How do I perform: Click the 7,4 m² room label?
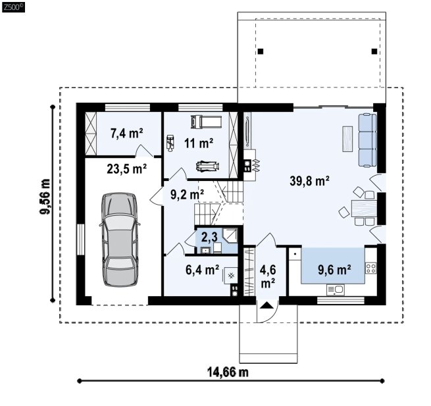click(x=127, y=134)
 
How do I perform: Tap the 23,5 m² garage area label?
click(x=127, y=168)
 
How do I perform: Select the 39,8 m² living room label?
click(x=310, y=181)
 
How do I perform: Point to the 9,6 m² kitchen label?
click(x=334, y=270)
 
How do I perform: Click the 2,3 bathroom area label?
click(x=209, y=237)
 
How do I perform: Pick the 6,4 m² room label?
click(x=203, y=270)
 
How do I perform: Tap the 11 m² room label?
click(x=199, y=143)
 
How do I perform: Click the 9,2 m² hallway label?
click(x=187, y=195)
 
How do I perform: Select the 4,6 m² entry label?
click(x=268, y=276)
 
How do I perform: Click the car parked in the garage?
click(x=120, y=239)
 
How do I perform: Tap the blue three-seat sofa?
click(x=367, y=140)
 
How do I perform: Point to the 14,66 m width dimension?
click(x=228, y=372)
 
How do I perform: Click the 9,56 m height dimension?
click(x=45, y=196)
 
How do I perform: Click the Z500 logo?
click(x=13, y=7)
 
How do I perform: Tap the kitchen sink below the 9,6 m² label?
click(x=336, y=290)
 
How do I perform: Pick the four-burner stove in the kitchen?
click(x=370, y=268)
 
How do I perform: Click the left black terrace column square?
click(x=261, y=51)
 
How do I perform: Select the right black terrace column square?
click(x=374, y=51)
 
